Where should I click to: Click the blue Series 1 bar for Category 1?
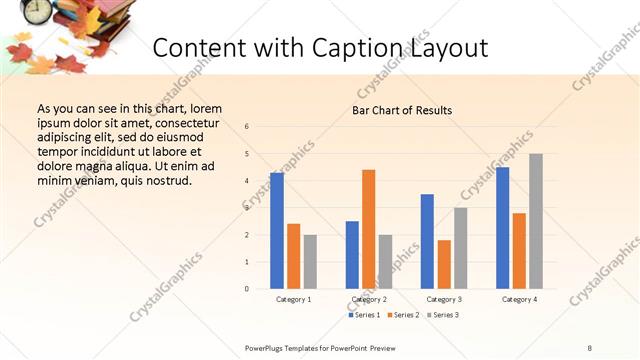tap(277, 231)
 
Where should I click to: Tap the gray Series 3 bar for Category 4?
tap(536, 221)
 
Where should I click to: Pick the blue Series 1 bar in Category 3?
tap(427, 241)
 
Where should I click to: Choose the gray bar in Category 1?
tap(310, 262)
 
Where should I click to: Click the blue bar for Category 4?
tap(502, 228)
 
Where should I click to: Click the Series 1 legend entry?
tap(363, 315)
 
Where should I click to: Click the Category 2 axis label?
tap(369, 299)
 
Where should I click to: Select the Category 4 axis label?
tap(519, 299)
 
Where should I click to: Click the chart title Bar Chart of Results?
tap(402, 110)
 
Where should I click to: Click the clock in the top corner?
tap(38, 10)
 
